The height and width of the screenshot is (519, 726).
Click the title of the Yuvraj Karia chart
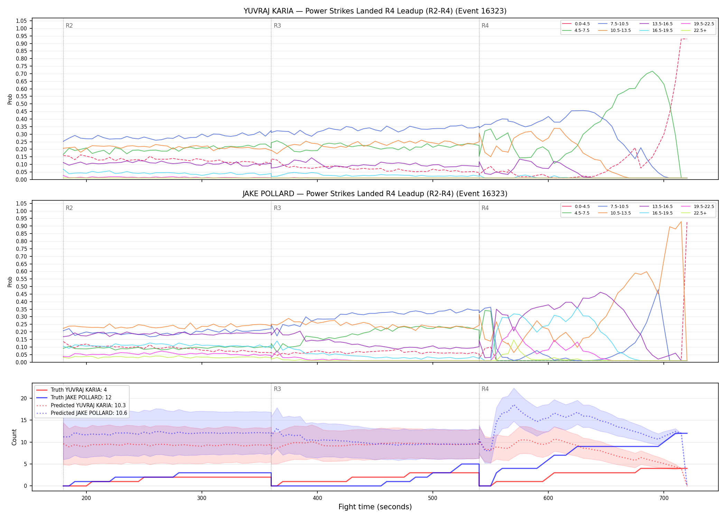click(375, 11)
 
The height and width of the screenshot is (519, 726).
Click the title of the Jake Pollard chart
click(375, 194)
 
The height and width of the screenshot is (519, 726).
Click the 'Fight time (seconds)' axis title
click(375, 507)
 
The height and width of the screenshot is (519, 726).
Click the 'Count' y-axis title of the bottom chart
click(14, 437)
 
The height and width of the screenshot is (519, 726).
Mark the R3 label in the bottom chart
click(277, 389)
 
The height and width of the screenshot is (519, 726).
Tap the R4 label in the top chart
click(485, 26)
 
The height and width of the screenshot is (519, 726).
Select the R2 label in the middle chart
click(69, 208)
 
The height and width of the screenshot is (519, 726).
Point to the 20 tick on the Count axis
click(24, 398)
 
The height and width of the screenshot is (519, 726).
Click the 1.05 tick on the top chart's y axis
click(21, 21)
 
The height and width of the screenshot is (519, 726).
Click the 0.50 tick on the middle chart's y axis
click(21, 286)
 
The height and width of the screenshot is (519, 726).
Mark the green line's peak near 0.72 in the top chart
click(652, 71)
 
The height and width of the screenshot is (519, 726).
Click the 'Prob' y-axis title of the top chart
click(10, 99)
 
